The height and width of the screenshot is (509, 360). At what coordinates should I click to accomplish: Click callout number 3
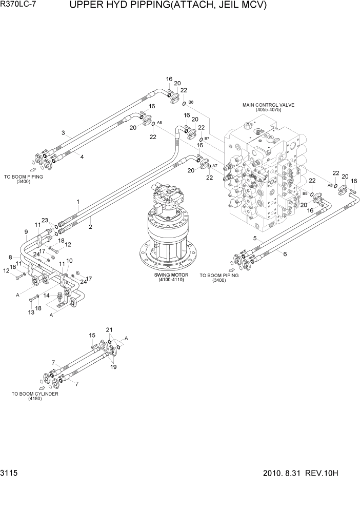pos(63,133)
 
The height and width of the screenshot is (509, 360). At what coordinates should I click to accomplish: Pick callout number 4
pos(82,157)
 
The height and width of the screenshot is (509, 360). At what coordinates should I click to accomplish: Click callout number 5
pos(255,238)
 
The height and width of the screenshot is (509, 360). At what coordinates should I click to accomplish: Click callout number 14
pos(46,296)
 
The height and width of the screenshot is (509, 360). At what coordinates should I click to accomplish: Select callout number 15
pos(92,335)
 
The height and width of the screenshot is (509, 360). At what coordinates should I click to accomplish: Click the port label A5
pos(330,185)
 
